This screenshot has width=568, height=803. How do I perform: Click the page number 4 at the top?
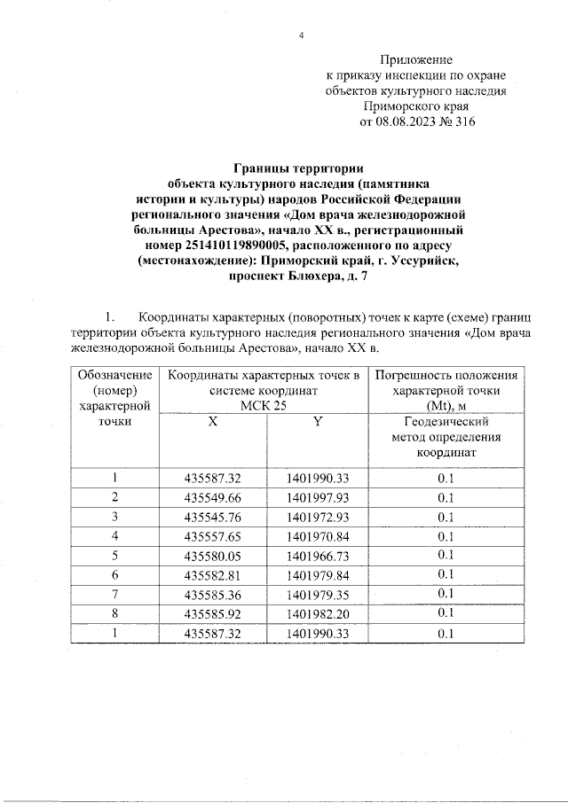pyautogui.click(x=302, y=35)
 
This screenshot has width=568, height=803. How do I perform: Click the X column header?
pyautogui.click(x=213, y=422)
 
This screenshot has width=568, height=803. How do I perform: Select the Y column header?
pyautogui.click(x=316, y=422)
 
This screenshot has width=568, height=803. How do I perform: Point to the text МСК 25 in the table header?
pyautogui.click(x=264, y=406)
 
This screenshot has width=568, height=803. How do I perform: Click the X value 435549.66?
pyautogui.click(x=213, y=497)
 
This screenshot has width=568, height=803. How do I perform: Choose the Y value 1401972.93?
pyautogui.click(x=319, y=517)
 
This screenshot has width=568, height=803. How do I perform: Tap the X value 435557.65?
pyautogui.click(x=213, y=536)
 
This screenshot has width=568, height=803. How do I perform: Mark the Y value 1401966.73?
pyautogui.click(x=319, y=556)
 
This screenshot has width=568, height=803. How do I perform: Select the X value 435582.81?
pyautogui.click(x=213, y=575)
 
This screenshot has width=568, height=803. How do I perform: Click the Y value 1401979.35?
pyautogui.click(x=319, y=594)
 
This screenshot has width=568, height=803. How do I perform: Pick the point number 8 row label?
pyautogui.click(x=114, y=613)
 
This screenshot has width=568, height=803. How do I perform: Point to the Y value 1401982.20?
pyautogui.click(x=319, y=613)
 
